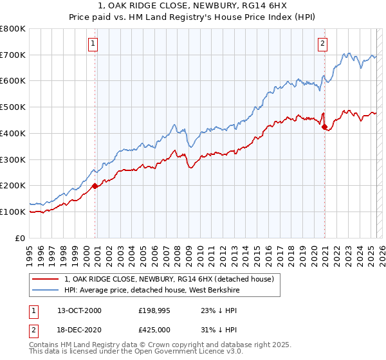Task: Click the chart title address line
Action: coord(192,6)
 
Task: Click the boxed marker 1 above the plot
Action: coord(94,44)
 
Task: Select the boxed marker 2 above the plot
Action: coord(322,44)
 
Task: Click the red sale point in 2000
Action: coord(95,186)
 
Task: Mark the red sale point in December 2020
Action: coord(324,127)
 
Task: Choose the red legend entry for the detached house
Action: coord(169,279)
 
